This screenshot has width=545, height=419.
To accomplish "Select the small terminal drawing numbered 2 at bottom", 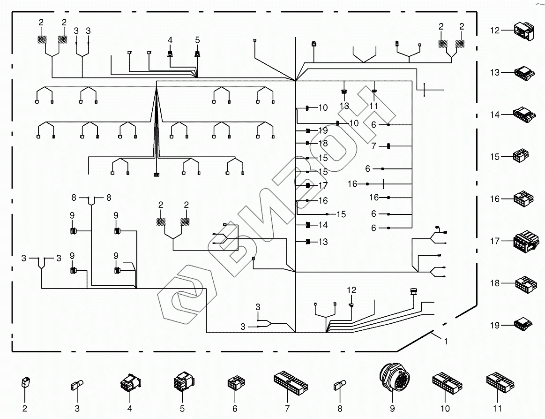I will pyautogui.click(x=25, y=382).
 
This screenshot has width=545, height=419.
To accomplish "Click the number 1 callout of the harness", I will pyautogui.click(x=446, y=342).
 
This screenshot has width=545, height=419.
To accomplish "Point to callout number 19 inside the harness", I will pyautogui.click(x=323, y=130).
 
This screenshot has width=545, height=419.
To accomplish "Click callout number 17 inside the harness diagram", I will pyautogui.click(x=323, y=186).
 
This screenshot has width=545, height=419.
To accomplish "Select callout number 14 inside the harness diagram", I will pyautogui.click(x=323, y=225).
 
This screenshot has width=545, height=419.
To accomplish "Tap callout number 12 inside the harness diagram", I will pyautogui.click(x=351, y=290).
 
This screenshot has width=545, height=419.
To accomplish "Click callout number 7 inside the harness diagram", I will pyautogui.click(x=373, y=146).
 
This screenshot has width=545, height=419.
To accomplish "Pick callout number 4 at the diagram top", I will pyautogui.click(x=170, y=41).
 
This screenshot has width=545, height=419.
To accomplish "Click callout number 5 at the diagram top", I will pyautogui.click(x=197, y=41).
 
